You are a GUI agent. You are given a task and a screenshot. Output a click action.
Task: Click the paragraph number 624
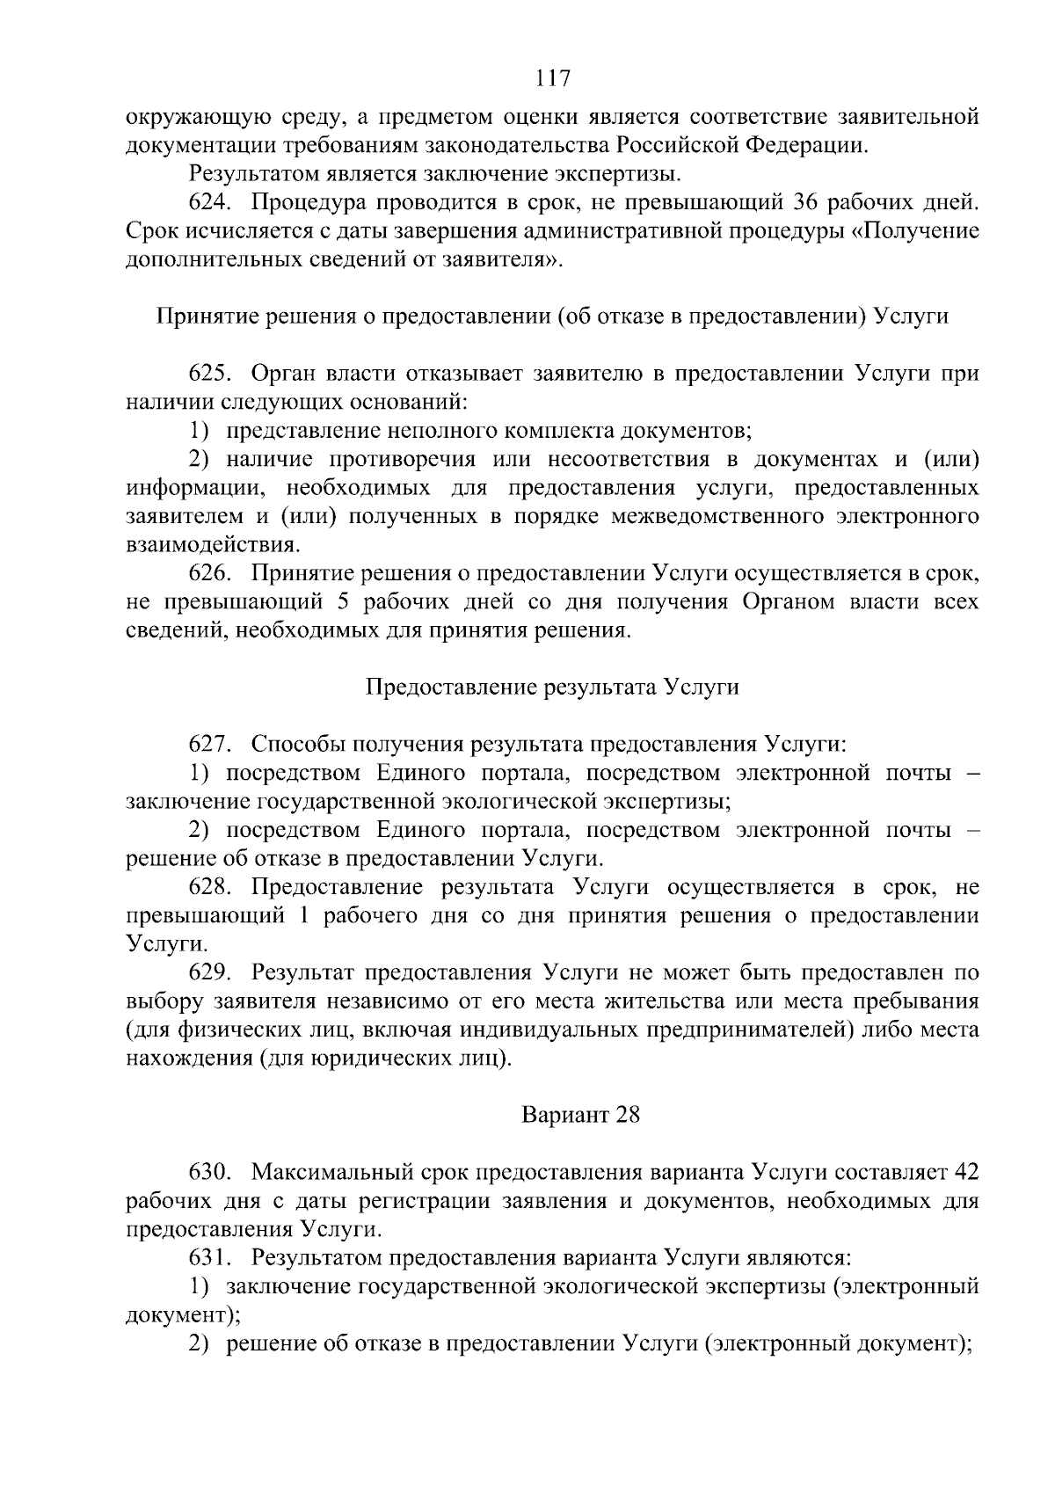(209, 203)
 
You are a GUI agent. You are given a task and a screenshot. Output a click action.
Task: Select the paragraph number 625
(209, 374)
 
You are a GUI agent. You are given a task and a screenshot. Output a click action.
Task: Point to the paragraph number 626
(209, 574)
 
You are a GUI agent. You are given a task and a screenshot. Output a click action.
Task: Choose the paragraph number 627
(209, 745)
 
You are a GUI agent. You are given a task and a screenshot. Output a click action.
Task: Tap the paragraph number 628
(209, 887)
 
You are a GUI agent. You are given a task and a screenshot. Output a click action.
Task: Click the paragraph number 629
(209, 972)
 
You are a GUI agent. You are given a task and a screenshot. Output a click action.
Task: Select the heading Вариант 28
(581, 1116)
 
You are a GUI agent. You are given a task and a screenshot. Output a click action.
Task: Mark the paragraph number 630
(209, 1172)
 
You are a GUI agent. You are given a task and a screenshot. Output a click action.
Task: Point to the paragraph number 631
(209, 1258)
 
